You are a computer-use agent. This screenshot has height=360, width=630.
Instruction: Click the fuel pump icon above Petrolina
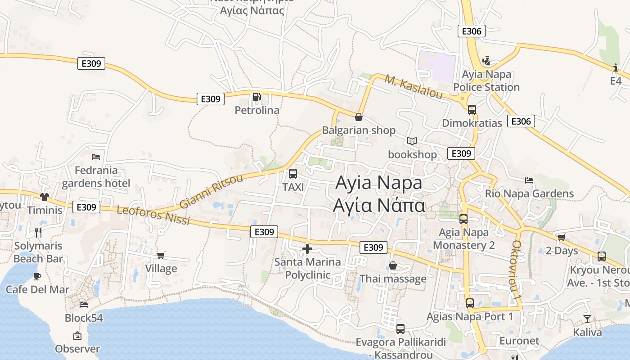coord(256,97)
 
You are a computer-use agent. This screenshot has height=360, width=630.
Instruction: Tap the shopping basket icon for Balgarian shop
coord(359,117)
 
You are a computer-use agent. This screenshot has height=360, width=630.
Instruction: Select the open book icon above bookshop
coord(412,141)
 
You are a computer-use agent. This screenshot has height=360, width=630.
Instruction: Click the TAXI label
coord(293,187)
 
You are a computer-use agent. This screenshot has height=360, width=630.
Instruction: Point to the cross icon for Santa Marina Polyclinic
coord(307,248)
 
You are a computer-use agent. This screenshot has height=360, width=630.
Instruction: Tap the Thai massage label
coord(393,279)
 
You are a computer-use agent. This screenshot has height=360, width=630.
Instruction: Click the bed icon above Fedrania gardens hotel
coord(96,157)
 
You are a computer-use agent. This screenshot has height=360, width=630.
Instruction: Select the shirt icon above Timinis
coord(44,197)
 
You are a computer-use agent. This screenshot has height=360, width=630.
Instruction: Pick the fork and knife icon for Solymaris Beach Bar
coord(38,232)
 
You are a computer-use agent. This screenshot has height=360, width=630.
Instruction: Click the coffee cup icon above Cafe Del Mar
coord(37,276)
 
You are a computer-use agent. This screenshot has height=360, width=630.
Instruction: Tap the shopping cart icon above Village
coord(161,255)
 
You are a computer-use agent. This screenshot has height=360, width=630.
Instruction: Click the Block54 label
coord(84,318)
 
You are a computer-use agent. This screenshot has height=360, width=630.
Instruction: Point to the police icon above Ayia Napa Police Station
coord(486,61)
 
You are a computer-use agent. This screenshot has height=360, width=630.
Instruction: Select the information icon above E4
coord(616,68)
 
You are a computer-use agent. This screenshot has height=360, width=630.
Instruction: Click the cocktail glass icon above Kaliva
coord(587,319)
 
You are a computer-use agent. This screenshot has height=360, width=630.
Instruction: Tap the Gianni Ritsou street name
coord(211,191)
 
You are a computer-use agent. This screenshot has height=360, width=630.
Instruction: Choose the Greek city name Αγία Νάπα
coord(379,205)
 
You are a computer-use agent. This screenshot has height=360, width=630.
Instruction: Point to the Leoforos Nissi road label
coord(153,216)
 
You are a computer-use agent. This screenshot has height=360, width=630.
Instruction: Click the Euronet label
coord(519,341)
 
